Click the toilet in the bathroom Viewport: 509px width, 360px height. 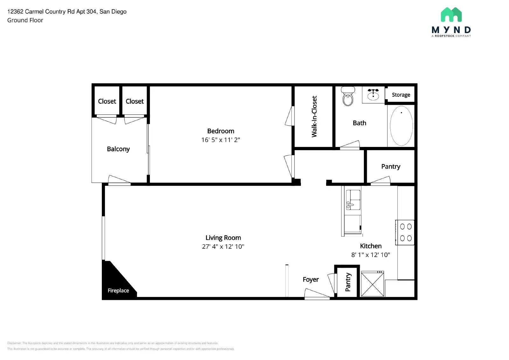point(348,97)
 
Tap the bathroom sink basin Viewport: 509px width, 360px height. point(373,95)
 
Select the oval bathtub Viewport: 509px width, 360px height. point(401,126)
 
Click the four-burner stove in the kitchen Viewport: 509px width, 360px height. point(405,232)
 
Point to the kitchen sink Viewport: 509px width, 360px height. point(353,200)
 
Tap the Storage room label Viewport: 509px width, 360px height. point(401,95)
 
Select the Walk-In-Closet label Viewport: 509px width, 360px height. point(314,117)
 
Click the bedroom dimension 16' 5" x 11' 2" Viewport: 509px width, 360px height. point(220,140)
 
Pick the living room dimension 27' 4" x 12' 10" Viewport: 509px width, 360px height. point(223,246)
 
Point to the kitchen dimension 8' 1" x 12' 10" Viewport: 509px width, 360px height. point(371,255)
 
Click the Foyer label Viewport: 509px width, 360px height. point(310,280)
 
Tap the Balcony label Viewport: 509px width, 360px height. point(118,149)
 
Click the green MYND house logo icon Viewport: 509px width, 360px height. point(451,15)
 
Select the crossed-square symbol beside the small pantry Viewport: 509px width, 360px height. point(372,284)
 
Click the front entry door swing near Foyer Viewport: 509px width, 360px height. point(316,294)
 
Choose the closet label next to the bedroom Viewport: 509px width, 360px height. point(135,101)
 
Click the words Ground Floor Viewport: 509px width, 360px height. point(25,20)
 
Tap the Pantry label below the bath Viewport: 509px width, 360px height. point(391,167)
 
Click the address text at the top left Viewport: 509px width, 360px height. point(67,12)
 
